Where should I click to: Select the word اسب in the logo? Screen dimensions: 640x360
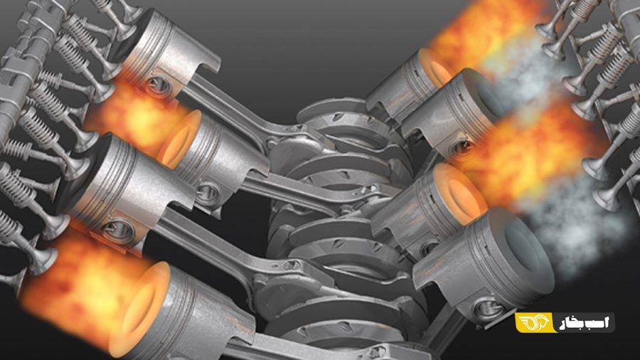pos(600,322)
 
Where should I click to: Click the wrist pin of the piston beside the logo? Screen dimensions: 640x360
pos(487,309)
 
